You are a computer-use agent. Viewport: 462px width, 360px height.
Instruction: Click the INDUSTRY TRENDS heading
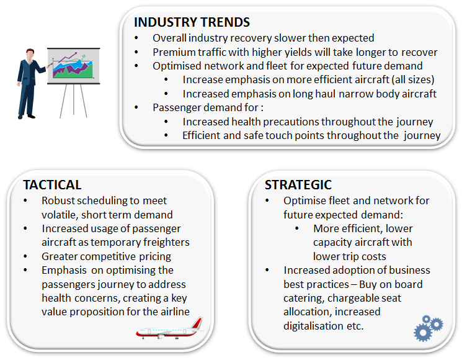tap(192, 22)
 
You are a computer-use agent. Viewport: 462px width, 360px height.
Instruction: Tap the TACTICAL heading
tap(52, 185)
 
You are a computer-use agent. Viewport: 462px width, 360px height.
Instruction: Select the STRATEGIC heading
tap(298, 185)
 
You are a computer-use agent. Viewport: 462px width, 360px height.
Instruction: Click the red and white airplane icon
tap(170, 328)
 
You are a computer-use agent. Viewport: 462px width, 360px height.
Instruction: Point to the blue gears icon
tap(428, 328)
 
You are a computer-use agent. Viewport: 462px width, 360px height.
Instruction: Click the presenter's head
tap(30, 55)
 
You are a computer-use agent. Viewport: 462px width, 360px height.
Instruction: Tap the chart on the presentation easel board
tap(73, 65)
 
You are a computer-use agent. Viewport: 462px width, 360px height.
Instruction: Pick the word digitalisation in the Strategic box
tap(313, 326)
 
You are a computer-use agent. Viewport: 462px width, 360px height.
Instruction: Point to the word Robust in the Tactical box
tap(59, 200)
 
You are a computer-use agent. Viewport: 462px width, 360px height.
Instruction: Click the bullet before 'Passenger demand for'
tap(136, 107)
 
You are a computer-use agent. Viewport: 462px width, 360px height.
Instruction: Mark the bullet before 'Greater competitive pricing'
tap(25, 256)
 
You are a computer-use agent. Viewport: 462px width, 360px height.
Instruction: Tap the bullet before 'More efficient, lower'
tap(296, 228)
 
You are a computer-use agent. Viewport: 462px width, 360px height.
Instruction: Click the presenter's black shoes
tap(27, 117)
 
